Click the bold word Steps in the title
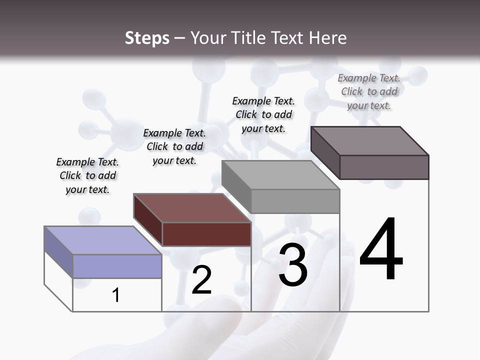coord(147,38)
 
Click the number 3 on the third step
coord(293,265)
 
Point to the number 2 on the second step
coord(201,280)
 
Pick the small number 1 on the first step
coord(116,295)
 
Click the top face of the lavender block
coord(103,240)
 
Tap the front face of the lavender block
coord(117,266)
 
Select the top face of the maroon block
coord(192,207)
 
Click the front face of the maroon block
coord(206,234)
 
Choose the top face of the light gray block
coord(281,175)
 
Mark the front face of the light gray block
coord(295,201)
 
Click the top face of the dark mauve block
coord(370,140)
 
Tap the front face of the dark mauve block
coord(384,167)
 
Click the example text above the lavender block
coord(87,175)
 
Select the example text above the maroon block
coord(174,146)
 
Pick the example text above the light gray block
coord(263,114)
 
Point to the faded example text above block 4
coord(369,91)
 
